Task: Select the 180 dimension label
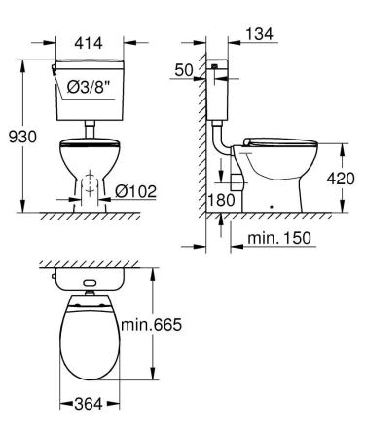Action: pyautogui.click(x=223, y=201)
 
